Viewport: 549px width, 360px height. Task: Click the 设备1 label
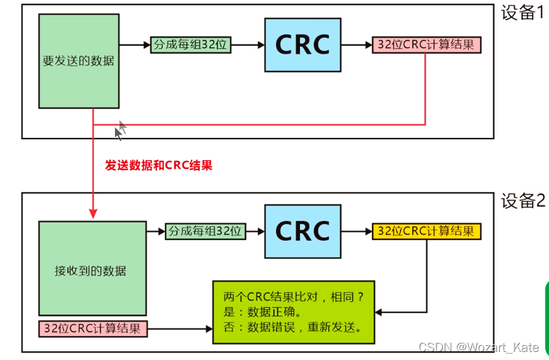(x=523, y=13)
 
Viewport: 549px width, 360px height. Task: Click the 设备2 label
(x=523, y=201)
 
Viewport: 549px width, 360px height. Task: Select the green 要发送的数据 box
(x=78, y=61)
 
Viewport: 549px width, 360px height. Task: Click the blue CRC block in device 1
(x=303, y=44)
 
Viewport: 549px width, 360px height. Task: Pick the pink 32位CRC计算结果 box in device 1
(x=427, y=45)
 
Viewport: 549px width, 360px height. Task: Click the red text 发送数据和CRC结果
(x=159, y=165)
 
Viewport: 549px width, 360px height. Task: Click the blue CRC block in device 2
(x=303, y=231)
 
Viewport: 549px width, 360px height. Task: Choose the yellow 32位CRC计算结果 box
(x=427, y=231)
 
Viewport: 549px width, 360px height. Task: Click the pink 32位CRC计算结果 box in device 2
(x=92, y=329)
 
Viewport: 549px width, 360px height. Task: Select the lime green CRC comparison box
(x=293, y=312)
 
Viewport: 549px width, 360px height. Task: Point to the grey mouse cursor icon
(x=120, y=131)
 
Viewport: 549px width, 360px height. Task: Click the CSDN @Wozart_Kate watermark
(x=478, y=347)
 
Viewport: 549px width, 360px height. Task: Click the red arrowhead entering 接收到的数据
(x=91, y=213)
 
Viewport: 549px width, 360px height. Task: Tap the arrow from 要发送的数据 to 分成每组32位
(x=135, y=45)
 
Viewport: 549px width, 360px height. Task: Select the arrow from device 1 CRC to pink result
(x=357, y=45)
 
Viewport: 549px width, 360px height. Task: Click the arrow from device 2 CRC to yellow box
(x=357, y=231)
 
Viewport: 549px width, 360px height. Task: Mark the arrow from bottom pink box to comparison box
(x=180, y=329)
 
